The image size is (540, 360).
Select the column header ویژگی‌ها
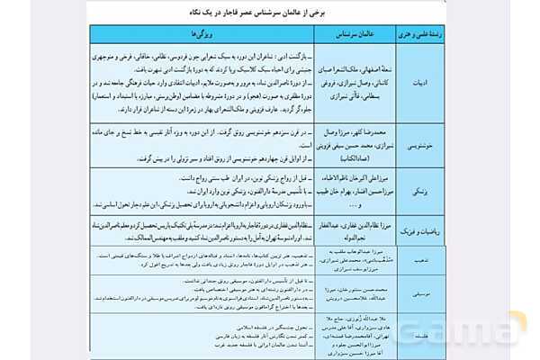tap(188, 32)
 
